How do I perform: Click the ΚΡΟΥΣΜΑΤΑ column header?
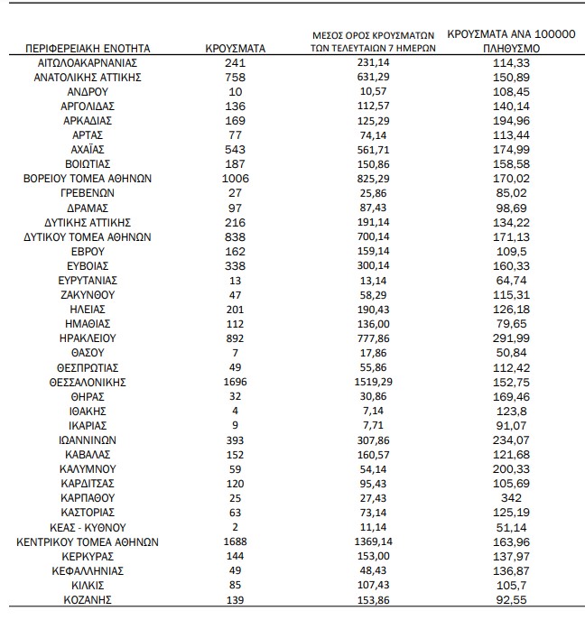[x=235, y=47]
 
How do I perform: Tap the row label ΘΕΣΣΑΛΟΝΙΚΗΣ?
[x=88, y=382]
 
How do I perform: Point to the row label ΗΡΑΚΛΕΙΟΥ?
[x=88, y=338]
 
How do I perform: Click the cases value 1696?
[x=235, y=382]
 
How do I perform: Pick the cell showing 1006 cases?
[x=235, y=179]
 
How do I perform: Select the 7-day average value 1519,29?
[x=373, y=382]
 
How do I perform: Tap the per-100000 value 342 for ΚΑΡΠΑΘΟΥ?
[x=511, y=498]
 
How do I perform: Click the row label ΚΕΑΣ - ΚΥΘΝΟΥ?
[x=88, y=527]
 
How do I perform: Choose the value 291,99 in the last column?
[x=511, y=338]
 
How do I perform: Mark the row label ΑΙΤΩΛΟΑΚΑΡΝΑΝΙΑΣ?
[x=88, y=63]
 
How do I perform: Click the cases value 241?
[x=235, y=63]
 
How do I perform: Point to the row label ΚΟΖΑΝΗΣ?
[x=88, y=599]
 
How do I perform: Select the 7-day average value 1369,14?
[x=373, y=541]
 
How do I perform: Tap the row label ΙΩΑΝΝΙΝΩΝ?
[x=88, y=440]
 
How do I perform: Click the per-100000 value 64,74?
[x=511, y=281]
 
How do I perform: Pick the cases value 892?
[x=235, y=338]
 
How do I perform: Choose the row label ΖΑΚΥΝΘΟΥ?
[x=88, y=295]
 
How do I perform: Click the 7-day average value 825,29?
[x=373, y=179]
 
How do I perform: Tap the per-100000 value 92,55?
[x=511, y=599]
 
